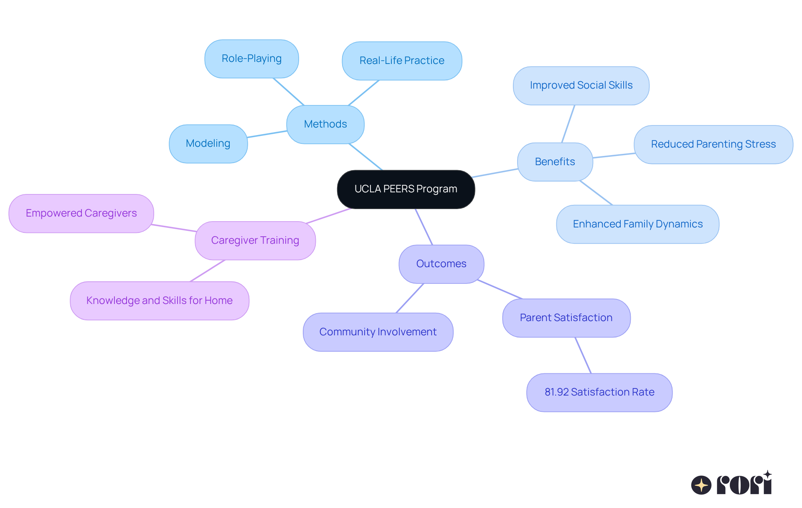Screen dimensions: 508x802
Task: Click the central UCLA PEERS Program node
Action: pos(406,189)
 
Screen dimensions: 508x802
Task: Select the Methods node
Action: pos(325,124)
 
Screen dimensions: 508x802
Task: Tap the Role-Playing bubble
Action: pos(251,59)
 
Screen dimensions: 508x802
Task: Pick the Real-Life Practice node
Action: pos(402,61)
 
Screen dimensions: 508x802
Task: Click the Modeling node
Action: pos(208,143)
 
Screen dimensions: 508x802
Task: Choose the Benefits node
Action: pos(555,162)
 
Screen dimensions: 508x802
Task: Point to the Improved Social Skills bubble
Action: pos(581,85)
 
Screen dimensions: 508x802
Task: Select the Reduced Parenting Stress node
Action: pos(713,144)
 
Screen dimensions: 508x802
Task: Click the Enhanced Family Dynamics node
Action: pos(637,224)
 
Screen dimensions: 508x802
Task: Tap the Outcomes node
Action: pos(441,264)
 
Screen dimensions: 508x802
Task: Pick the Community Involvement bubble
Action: pos(378,332)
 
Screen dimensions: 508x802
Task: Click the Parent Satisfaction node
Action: pos(566,318)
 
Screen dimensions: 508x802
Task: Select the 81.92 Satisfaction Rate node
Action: pos(599,392)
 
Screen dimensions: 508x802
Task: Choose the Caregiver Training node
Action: pos(255,240)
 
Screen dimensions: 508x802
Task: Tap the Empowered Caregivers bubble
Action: pos(81,213)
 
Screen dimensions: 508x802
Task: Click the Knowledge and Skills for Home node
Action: pos(159,301)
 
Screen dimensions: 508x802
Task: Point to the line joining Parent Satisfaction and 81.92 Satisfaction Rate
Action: pos(583,355)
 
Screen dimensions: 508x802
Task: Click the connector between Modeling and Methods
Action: pos(267,134)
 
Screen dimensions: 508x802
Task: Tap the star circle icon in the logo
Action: pos(701,485)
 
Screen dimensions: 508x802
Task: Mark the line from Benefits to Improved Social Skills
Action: pos(568,124)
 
